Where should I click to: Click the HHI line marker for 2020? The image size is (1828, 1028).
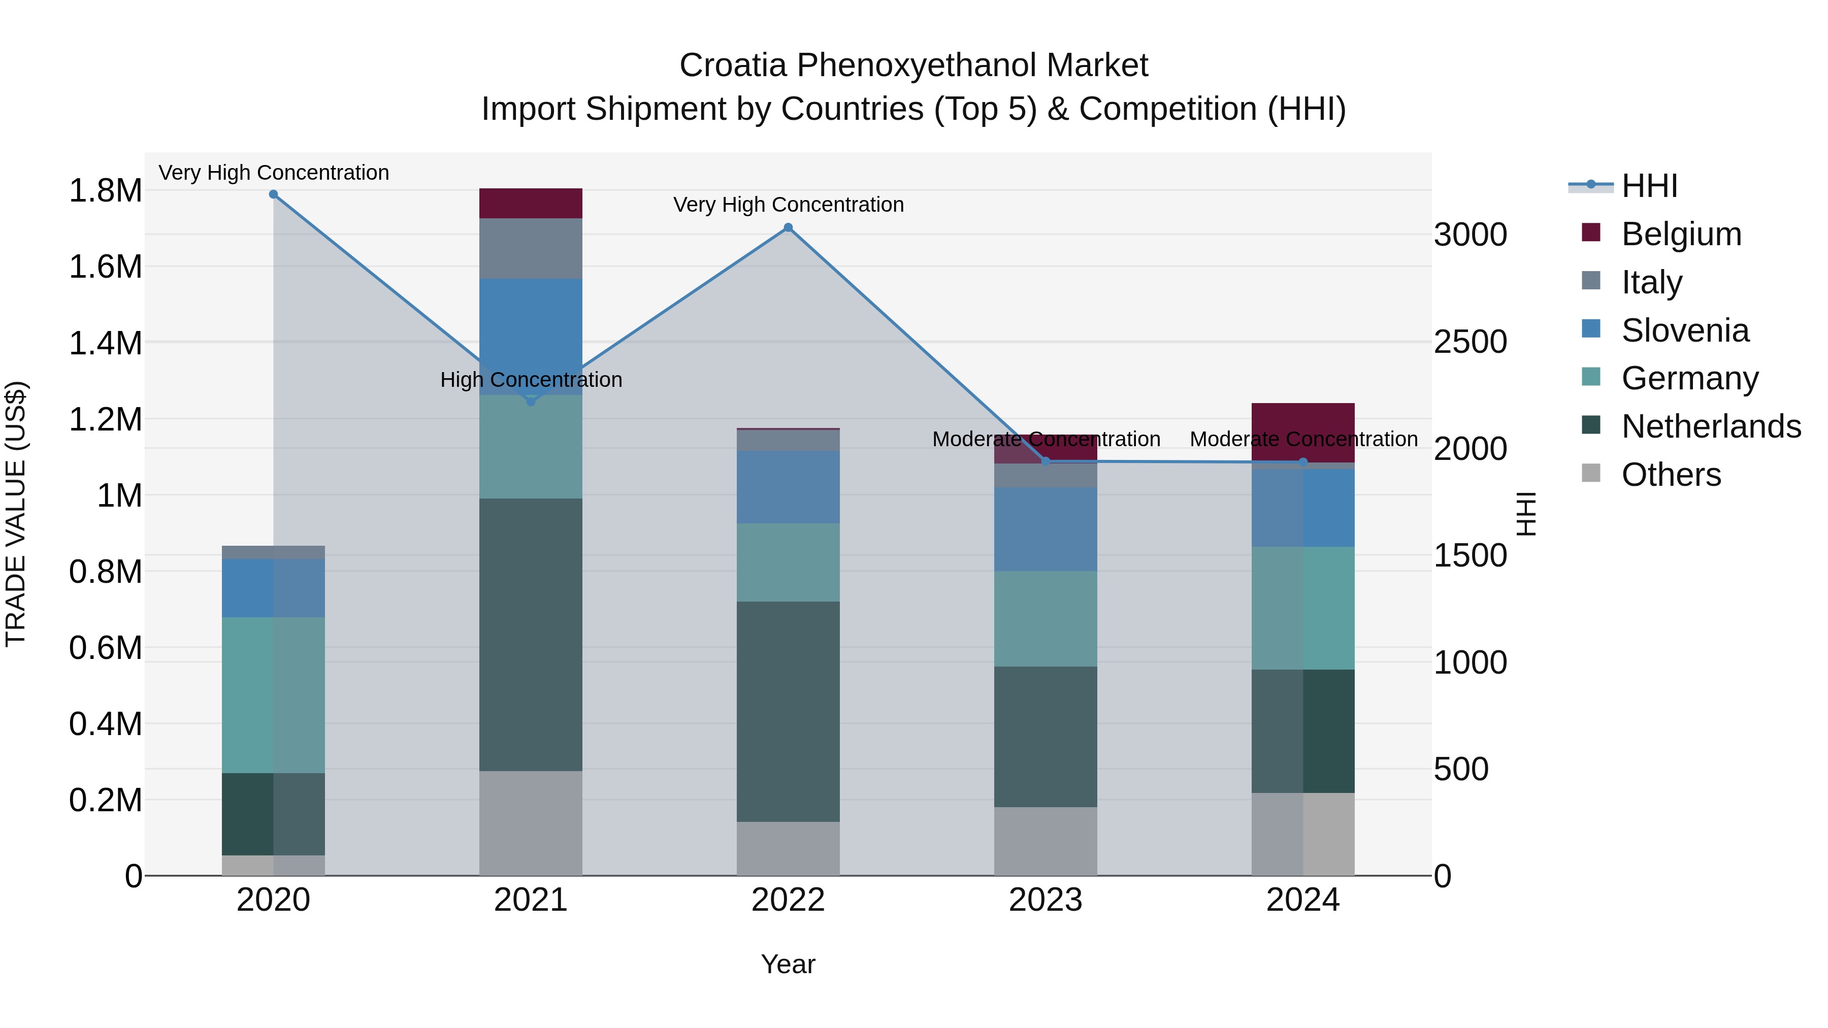pyautogui.click(x=273, y=194)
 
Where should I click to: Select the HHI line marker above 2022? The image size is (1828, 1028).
pyautogui.click(x=788, y=228)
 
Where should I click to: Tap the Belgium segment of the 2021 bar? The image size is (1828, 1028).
pyautogui.click(x=530, y=204)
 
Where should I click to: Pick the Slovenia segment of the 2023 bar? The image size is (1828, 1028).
pyautogui.click(x=1046, y=529)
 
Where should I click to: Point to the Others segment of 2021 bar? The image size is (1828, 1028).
pyautogui.click(x=530, y=823)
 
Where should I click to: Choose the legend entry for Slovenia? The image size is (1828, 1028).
pyautogui.click(x=1685, y=330)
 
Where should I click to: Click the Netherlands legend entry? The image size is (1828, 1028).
pyautogui.click(x=1710, y=426)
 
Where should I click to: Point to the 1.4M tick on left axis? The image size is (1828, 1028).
pyautogui.click(x=105, y=343)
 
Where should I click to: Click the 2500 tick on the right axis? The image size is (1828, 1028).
pyautogui.click(x=1470, y=342)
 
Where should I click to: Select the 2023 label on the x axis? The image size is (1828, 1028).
pyautogui.click(x=1046, y=900)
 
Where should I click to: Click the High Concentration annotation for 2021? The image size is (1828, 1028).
pyautogui.click(x=531, y=380)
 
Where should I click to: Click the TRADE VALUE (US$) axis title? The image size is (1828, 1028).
pyautogui.click(x=16, y=514)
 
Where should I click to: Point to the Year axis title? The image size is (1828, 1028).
pyautogui.click(x=788, y=964)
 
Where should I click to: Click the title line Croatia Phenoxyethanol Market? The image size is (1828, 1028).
pyautogui.click(x=913, y=65)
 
